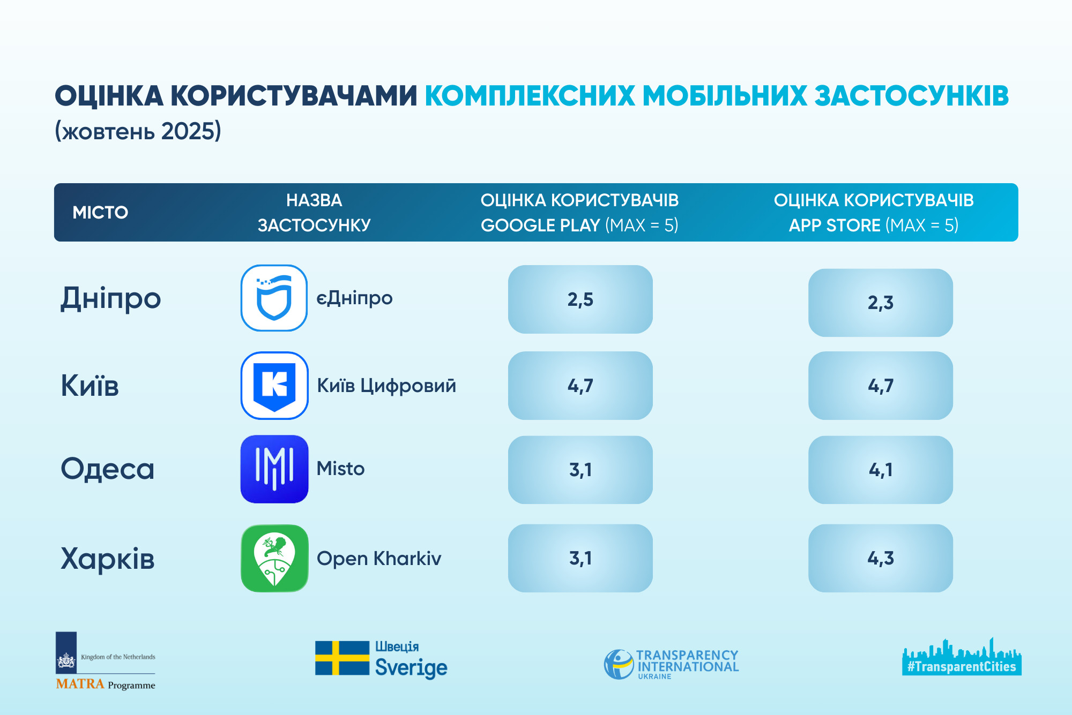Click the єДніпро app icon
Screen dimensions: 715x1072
[274, 298]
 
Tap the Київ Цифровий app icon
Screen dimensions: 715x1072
[274, 385]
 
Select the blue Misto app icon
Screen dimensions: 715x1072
[274, 469]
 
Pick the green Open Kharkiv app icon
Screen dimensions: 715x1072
[274, 558]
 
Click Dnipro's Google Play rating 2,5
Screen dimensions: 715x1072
[580, 299]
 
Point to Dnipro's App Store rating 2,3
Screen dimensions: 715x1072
[880, 303]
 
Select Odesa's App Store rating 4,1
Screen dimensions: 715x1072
[880, 470]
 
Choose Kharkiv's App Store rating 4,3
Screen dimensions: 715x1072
[880, 558]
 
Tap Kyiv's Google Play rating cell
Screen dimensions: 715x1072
[580, 386]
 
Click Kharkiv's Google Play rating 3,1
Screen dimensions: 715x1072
[580, 558]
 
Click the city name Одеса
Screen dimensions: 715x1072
[108, 469]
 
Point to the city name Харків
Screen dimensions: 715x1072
[108, 558]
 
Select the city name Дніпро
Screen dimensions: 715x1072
[110, 298]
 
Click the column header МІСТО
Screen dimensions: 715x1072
[100, 213]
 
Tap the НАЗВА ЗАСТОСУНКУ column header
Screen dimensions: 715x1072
[314, 213]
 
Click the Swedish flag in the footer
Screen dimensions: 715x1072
[342, 658]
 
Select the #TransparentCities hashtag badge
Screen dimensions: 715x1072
[962, 667]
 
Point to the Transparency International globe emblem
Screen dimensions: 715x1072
[619, 664]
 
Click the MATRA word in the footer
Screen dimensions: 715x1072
[80, 684]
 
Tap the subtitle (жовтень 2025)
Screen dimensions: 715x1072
[138, 131]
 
